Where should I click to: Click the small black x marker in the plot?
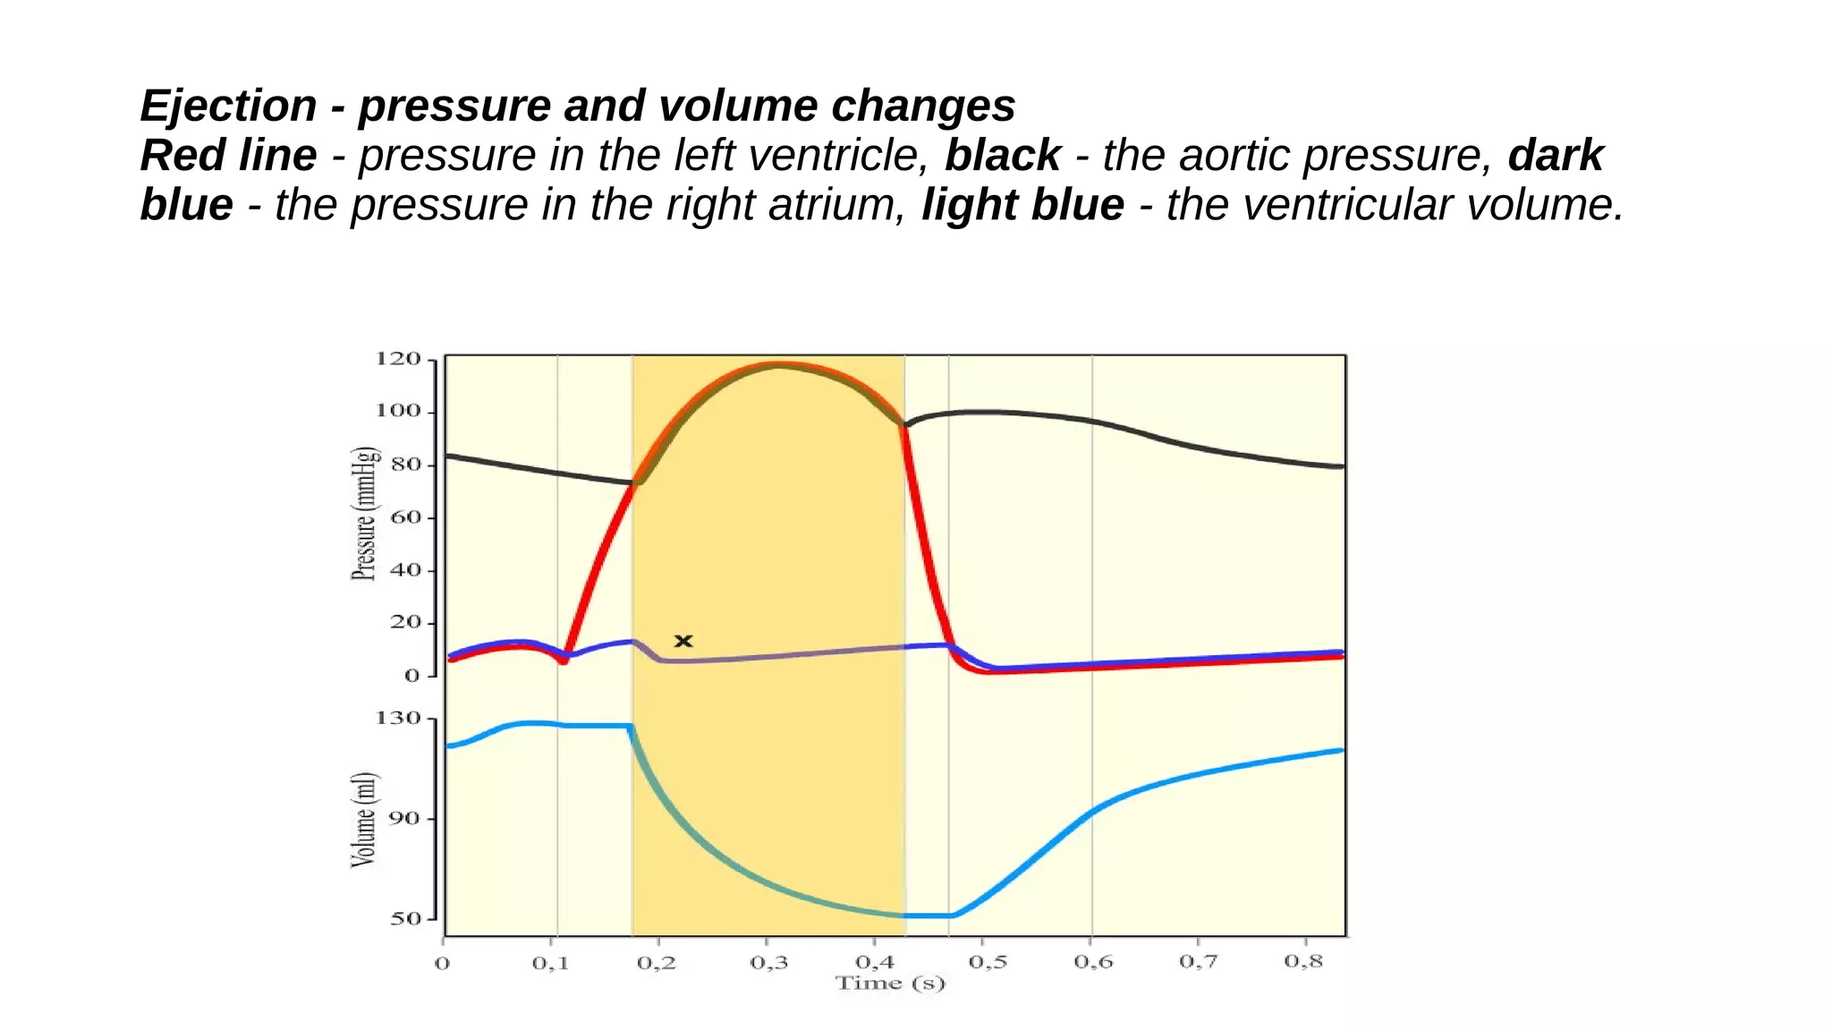click(683, 641)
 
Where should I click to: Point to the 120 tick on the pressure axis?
click(398, 359)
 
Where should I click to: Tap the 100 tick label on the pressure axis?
click(398, 411)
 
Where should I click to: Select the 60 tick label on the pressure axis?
click(405, 517)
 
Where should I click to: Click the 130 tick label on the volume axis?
click(398, 718)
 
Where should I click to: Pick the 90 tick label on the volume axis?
click(405, 818)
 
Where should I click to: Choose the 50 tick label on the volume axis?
click(405, 918)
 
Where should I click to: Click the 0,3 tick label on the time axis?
click(768, 963)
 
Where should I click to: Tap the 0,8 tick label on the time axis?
click(1303, 961)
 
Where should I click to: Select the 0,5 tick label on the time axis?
click(988, 962)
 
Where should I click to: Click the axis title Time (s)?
click(890, 984)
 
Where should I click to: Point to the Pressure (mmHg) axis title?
click(364, 514)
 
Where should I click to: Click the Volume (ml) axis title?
click(363, 819)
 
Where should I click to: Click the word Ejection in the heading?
click(229, 106)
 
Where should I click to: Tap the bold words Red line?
click(229, 155)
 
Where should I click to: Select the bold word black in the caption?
click(1003, 155)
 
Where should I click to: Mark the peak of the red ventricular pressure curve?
click(778, 364)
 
